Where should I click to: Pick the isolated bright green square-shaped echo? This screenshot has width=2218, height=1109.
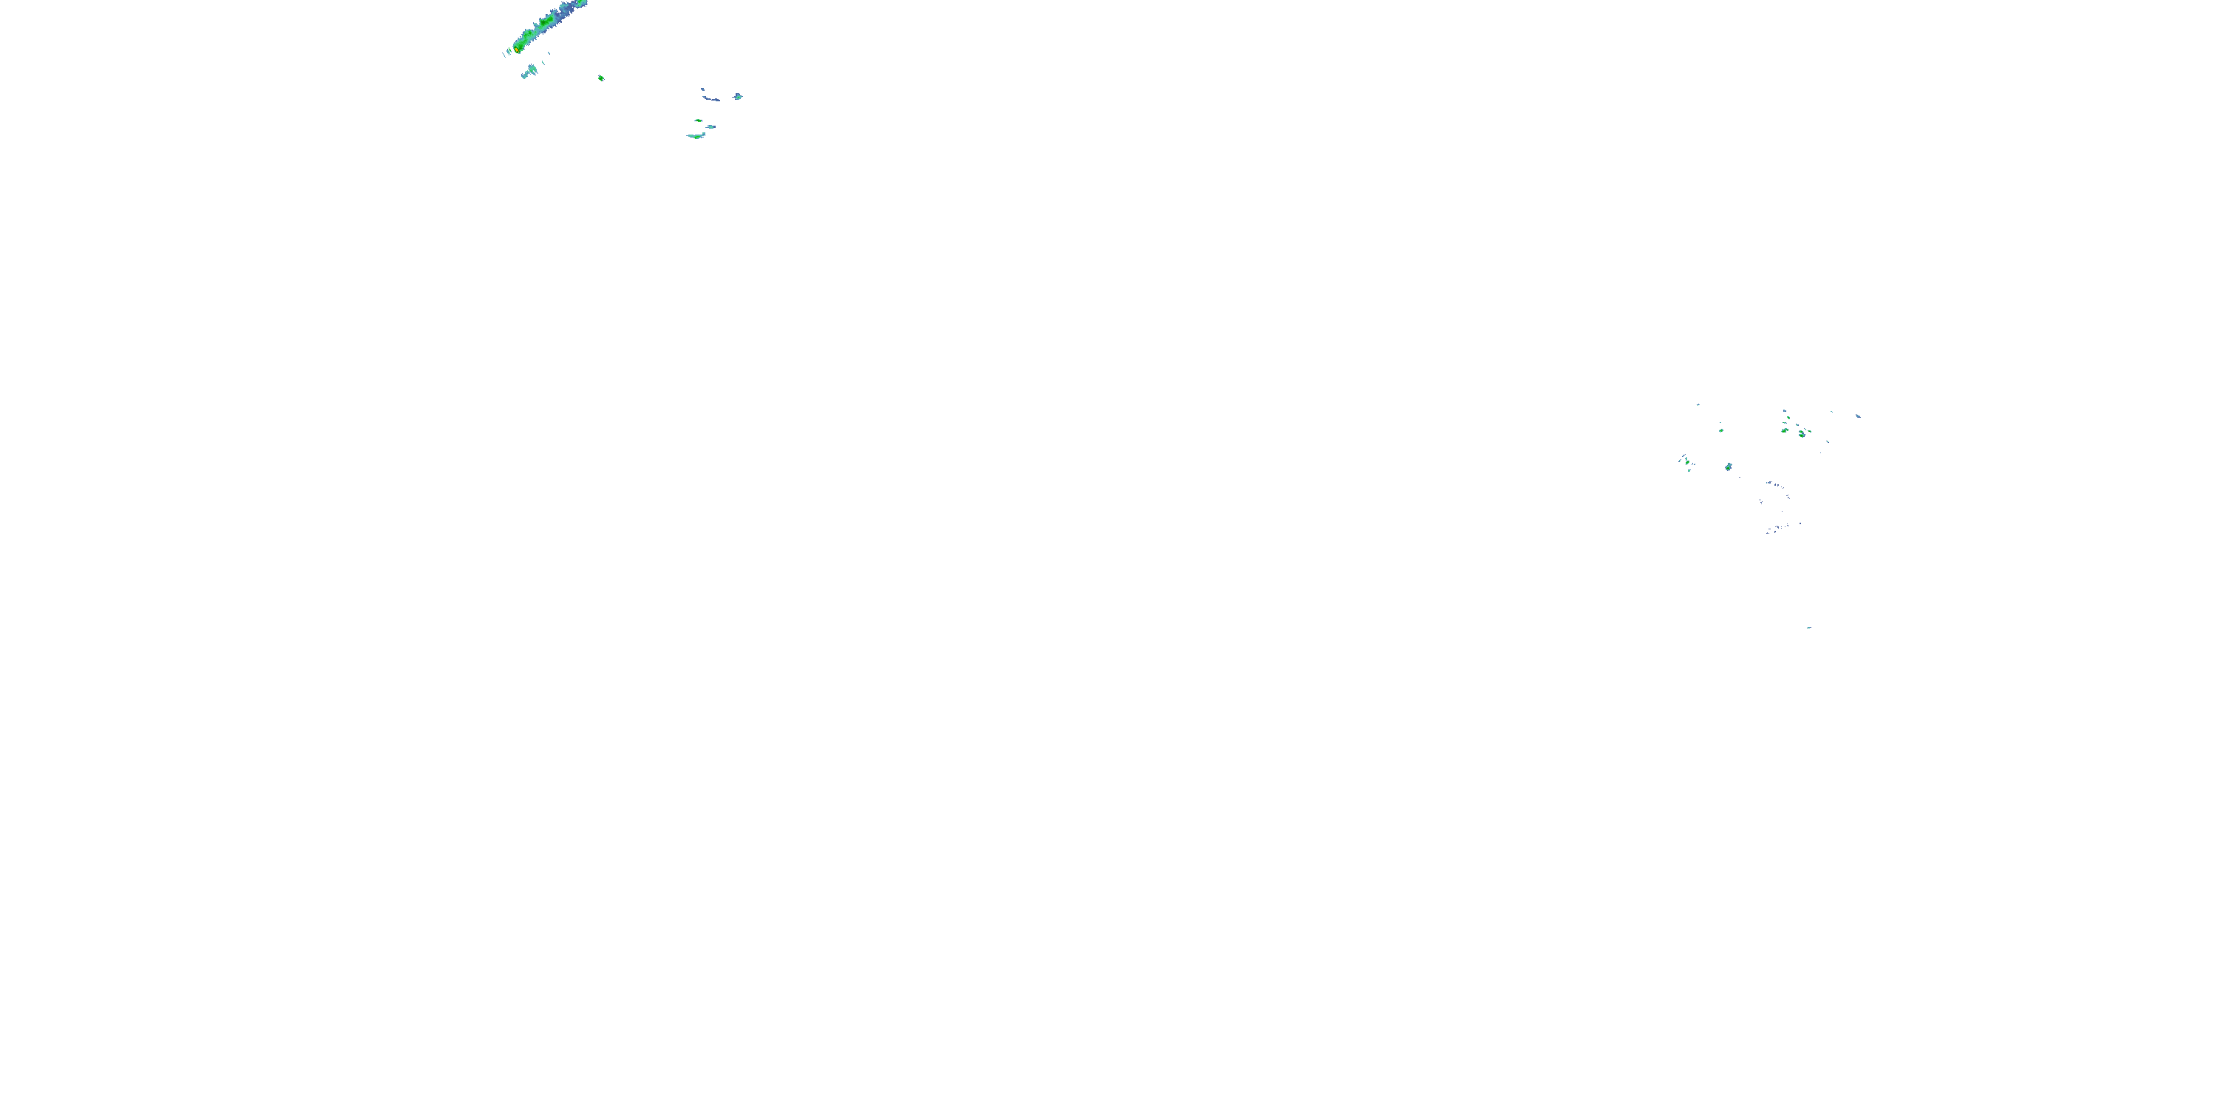coord(601,78)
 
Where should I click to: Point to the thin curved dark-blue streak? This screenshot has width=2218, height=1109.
coord(710,96)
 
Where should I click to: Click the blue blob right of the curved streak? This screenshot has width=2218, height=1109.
coord(738,96)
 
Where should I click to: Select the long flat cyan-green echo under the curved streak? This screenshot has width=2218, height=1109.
coord(696,136)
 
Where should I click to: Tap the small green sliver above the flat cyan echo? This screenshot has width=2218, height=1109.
coord(698,121)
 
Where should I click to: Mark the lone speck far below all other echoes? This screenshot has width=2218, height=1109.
coord(1808,628)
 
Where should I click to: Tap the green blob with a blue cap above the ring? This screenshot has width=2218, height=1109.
coord(1728,467)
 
